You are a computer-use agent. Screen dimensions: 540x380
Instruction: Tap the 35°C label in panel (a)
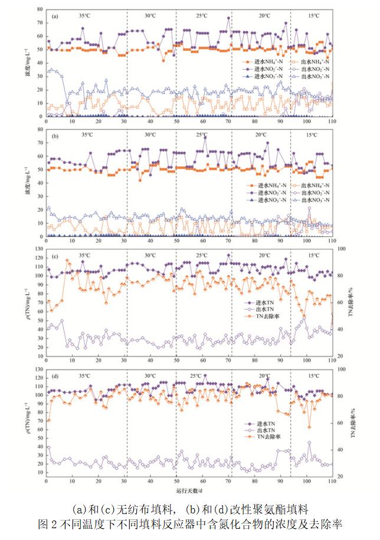coord(84,12)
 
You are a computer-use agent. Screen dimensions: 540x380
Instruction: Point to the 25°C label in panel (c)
coord(202,255)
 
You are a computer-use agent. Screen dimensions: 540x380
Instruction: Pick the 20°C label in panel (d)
coord(264,376)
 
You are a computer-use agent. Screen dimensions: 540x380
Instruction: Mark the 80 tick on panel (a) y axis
coord(40,9)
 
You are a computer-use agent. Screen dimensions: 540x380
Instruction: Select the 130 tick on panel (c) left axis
coord(38,251)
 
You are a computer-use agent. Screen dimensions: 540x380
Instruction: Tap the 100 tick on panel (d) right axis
coord(341,370)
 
